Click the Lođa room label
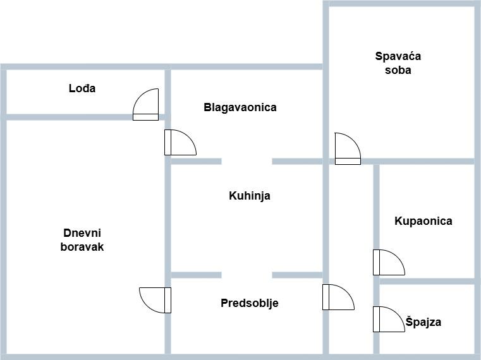[x=82, y=88]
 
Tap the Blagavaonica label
[x=240, y=107]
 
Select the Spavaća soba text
[x=398, y=63]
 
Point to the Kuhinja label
[x=249, y=196]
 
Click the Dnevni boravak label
[x=82, y=240]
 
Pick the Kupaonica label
[x=423, y=221]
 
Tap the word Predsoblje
[x=249, y=303]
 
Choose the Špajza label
[x=423, y=322]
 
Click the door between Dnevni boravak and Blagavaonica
[x=179, y=142]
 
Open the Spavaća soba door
[x=347, y=150]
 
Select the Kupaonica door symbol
[x=387, y=263]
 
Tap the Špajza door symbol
[x=387, y=319]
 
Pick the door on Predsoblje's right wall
[x=337, y=297]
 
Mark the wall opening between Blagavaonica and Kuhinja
[x=247, y=161]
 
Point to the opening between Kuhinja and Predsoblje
[x=247, y=275]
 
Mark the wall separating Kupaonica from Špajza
[x=427, y=280]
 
